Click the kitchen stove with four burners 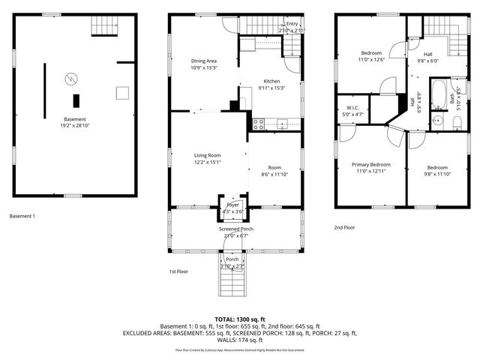[x=259, y=124]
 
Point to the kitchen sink [x=283, y=123]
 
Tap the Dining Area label [x=203, y=61]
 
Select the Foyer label [x=233, y=203]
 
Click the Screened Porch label [x=235, y=229]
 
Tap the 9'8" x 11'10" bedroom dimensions [x=437, y=174]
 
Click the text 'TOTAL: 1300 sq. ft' [x=240, y=319]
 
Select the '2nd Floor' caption [x=345, y=227]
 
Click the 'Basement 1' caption [x=22, y=217]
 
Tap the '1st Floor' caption [x=178, y=272]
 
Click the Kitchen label [x=271, y=81]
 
